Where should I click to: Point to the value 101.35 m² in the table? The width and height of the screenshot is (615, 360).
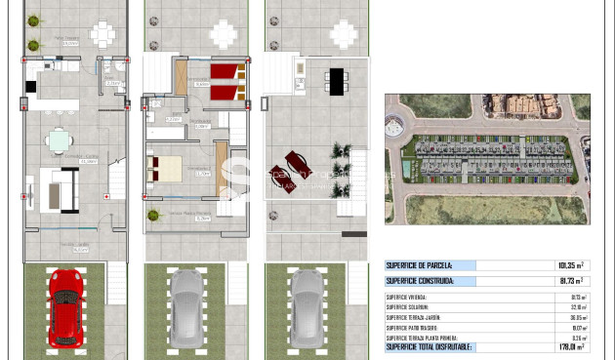(570, 265)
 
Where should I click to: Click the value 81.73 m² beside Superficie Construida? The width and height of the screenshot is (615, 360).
(570, 281)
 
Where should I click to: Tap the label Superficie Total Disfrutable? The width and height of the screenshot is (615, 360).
(429, 346)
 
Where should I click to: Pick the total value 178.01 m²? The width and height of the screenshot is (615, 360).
(569, 346)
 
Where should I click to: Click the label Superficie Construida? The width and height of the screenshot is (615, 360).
(420, 281)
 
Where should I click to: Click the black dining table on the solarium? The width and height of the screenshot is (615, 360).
(336, 80)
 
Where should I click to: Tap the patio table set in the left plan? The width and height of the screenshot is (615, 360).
(102, 34)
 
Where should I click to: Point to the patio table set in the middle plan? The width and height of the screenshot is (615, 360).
(223, 34)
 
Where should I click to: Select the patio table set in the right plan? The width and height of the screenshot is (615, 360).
(343, 34)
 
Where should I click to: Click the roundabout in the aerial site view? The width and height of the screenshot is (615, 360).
(394, 128)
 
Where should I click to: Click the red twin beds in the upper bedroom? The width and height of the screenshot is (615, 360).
(225, 81)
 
